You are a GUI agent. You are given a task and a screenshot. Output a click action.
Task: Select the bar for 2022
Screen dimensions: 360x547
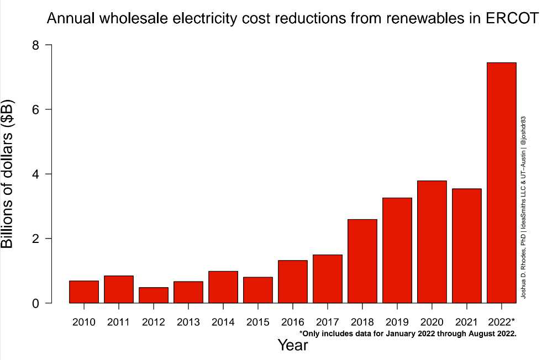coord(501,183)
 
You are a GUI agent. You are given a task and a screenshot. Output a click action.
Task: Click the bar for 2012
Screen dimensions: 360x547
coord(153,295)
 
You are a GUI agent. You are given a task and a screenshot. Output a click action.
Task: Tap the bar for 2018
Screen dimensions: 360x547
coord(362,261)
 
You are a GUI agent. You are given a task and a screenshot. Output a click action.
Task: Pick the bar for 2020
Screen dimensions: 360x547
coord(432,242)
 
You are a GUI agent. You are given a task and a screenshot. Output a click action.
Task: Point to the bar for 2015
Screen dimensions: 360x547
coord(257,290)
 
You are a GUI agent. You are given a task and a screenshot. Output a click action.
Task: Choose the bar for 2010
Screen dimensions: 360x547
coord(83,292)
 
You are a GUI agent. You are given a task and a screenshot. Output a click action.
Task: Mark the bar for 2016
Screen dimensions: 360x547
coord(292,282)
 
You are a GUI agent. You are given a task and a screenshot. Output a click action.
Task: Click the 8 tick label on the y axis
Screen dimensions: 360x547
coord(35,45)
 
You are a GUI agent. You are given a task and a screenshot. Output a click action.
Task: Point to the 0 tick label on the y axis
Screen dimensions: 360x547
coord(35,303)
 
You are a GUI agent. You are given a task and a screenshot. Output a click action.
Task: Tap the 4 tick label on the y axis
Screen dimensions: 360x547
coord(35,174)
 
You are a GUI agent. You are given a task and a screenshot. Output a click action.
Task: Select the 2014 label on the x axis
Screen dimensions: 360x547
coord(223,322)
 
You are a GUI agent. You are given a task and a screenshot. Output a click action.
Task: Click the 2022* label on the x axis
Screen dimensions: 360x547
coord(502,322)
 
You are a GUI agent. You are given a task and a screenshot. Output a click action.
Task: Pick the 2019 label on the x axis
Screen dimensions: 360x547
coord(397,322)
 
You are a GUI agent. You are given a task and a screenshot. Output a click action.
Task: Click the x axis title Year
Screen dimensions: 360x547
coord(292,346)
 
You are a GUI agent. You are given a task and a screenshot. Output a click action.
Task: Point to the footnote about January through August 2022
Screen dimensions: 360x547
coord(407,333)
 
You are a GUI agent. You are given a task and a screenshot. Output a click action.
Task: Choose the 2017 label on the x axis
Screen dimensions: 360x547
coord(327,322)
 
